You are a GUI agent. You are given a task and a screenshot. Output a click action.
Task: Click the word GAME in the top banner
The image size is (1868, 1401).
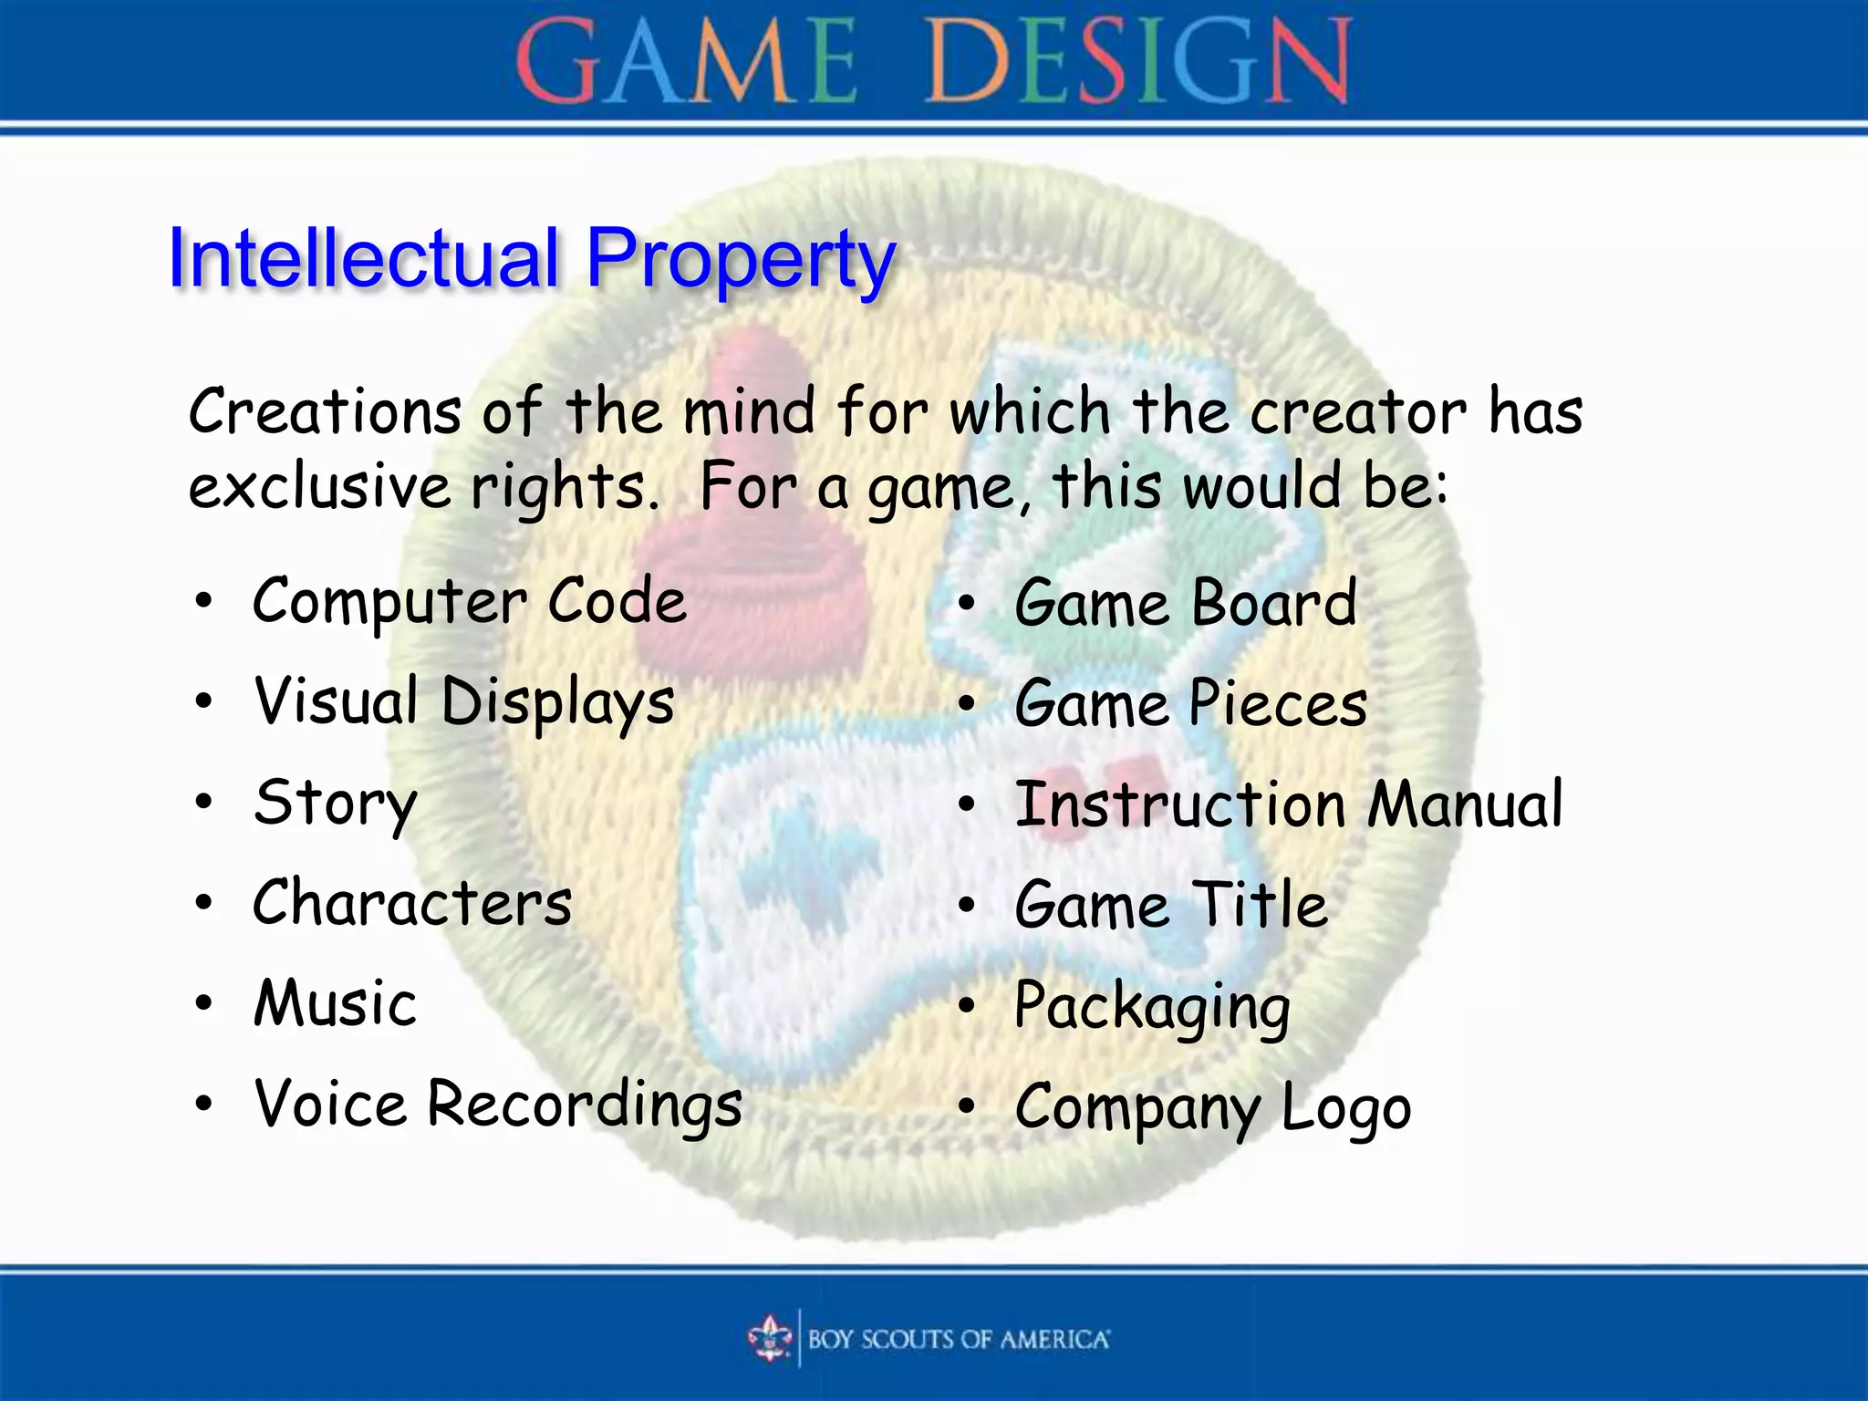tap(686, 62)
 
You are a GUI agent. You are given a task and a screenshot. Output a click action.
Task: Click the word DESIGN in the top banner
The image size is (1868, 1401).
tap(1138, 62)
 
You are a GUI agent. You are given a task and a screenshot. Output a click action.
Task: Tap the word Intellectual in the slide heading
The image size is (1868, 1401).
tap(363, 259)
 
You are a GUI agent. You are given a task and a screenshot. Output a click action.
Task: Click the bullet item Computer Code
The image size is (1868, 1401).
tap(469, 602)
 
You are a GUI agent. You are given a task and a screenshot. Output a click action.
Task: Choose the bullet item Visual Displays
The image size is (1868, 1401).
tap(464, 703)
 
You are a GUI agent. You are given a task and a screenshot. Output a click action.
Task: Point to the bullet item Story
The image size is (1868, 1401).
tap(335, 804)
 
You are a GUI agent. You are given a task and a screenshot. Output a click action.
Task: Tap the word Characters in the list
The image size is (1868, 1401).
tap(412, 903)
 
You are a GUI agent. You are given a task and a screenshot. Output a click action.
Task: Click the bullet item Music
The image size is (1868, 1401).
tap(335, 1003)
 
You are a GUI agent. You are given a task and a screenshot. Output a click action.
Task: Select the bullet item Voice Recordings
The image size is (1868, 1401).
tap(498, 1105)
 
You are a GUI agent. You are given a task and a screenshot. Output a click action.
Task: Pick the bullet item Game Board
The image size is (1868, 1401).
tap(1186, 604)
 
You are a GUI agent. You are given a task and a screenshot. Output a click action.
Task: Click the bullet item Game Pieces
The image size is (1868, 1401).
tap(1190, 704)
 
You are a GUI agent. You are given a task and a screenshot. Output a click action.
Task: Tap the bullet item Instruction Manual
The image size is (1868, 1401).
tap(1289, 804)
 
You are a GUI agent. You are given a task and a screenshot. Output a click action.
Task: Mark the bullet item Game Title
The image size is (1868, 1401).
tap(1171, 905)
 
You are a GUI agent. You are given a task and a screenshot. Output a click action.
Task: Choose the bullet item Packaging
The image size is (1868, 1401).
tap(1152, 1007)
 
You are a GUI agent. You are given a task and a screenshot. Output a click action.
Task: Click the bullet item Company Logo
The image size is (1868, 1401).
tap(1213, 1107)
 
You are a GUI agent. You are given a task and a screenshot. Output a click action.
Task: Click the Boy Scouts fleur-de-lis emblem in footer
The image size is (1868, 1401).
tap(770, 1338)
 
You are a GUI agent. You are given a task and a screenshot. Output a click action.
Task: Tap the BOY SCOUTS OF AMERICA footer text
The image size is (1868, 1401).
tap(959, 1339)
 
